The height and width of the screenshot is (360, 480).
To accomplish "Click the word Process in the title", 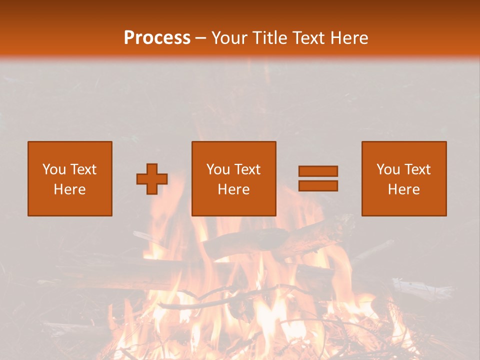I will pyautogui.click(x=157, y=38).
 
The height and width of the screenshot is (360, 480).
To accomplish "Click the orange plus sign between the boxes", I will pyautogui.click(x=152, y=179).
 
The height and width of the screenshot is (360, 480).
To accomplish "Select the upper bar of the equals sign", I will pyautogui.click(x=318, y=171).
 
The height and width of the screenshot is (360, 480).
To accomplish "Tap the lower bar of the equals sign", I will pyautogui.click(x=318, y=185).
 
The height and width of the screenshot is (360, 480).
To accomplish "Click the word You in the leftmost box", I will pyautogui.click(x=54, y=169).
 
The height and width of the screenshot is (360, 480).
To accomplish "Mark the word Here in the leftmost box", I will pyautogui.click(x=69, y=189).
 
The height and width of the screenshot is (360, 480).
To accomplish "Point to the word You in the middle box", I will pyautogui.click(x=218, y=169).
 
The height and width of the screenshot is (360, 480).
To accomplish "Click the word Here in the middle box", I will pyautogui.click(x=233, y=189).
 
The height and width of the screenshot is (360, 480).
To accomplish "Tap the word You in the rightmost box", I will pyautogui.click(x=388, y=169).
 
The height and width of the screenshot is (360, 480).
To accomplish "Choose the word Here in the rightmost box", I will pyautogui.click(x=403, y=189).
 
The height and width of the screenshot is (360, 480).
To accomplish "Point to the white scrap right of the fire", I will pyautogui.click(x=420, y=289).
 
